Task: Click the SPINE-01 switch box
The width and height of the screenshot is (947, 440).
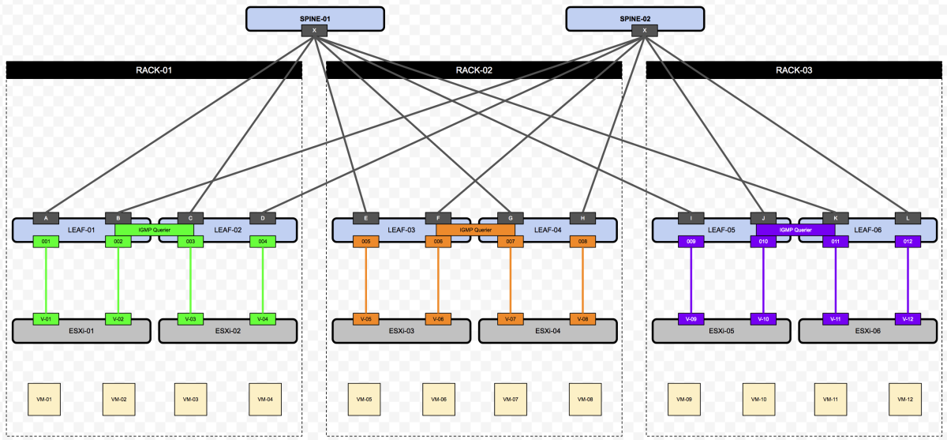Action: (315, 17)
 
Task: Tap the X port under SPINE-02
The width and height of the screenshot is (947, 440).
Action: (645, 31)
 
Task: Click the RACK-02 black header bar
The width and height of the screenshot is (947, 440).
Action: (473, 70)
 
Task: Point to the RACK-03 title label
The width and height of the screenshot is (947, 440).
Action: (793, 70)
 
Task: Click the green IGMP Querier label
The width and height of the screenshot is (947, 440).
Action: (154, 230)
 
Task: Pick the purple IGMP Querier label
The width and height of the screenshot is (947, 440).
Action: (795, 230)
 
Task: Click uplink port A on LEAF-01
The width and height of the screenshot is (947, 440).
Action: (47, 218)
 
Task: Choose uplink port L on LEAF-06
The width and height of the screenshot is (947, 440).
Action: (908, 218)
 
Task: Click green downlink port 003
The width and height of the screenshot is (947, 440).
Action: (190, 241)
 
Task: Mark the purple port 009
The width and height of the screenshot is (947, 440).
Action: (691, 241)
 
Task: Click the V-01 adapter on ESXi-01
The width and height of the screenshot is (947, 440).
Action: (47, 319)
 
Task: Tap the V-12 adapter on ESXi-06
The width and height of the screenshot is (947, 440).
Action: (908, 319)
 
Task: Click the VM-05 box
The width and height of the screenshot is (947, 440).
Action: (365, 400)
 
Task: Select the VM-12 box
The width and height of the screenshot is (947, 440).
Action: (904, 400)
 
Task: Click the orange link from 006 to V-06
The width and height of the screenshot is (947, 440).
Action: (438, 280)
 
